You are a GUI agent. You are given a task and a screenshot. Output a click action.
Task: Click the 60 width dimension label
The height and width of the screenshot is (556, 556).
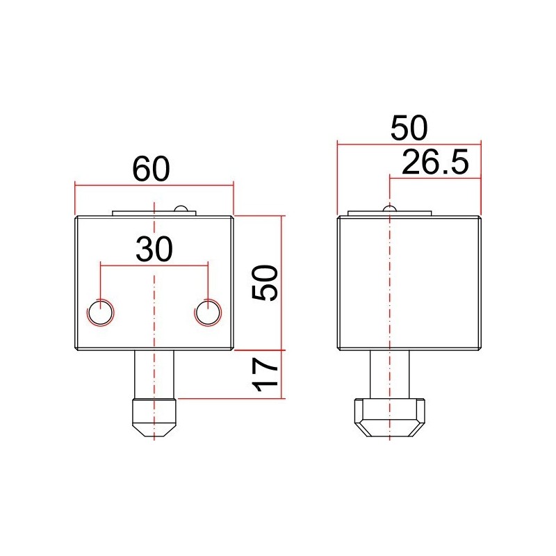(x=152, y=170)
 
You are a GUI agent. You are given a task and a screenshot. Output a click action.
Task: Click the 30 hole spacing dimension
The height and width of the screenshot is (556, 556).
(x=154, y=249)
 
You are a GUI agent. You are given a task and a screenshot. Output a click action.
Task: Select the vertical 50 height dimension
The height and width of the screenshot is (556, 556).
(x=265, y=282)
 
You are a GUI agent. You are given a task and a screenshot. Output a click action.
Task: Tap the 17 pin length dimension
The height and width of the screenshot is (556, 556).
(x=265, y=373)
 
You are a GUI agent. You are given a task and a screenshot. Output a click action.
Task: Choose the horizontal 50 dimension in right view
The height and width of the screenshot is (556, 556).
(x=409, y=129)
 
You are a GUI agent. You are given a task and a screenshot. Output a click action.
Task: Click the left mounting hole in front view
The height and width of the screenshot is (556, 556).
(x=101, y=313)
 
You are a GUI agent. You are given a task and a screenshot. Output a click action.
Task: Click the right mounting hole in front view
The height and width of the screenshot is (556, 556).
(x=207, y=313)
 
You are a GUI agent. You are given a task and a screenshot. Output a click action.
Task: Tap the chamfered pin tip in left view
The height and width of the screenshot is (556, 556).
(x=154, y=418)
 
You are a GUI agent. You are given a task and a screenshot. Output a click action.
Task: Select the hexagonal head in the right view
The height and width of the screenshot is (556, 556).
(x=390, y=417)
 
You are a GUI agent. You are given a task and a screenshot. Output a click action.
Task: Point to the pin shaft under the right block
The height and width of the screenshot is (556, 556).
(x=390, y=373)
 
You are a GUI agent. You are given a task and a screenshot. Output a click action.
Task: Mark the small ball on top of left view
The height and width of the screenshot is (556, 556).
(x=181, y=209)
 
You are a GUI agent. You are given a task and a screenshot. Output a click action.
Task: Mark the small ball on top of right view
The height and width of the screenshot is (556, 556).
(x=390, y=208)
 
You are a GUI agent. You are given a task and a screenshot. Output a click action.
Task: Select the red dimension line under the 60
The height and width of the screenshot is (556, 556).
(x=104, y=186)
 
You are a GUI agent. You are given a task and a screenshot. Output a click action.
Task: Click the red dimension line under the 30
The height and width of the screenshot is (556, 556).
(x=125, y=264)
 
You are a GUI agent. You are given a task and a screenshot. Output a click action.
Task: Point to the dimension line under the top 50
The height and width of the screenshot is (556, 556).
(x=361, y=145)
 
